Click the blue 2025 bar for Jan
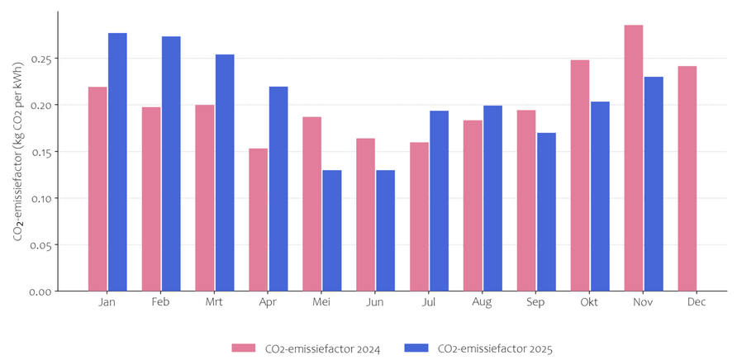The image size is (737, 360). tap(117, 162)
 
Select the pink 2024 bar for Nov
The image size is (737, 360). tap(633, 158)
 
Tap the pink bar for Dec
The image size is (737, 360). tap(687, 178)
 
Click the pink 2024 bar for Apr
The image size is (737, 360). tap(259, 220)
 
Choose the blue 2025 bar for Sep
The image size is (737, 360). tap(546, 211)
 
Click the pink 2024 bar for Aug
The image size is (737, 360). tap(473, 206)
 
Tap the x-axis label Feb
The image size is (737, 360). tap(161, 302)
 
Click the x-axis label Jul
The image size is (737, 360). tap(429, 302)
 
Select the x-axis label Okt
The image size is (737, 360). tap(589, 302)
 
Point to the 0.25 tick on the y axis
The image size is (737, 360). tap(41, 59)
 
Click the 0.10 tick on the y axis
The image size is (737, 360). tap(41, 198)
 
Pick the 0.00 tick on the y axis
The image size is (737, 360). tap(41, 291)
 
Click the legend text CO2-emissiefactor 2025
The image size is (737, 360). tap(494, 348)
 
